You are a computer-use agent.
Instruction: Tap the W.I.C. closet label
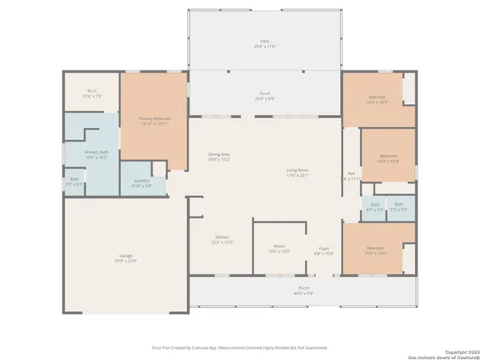pyautogui.click(x=92, y=93)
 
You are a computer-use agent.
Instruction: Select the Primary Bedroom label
pyautogui.click(x=154, y=121)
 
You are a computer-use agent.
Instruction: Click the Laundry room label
pyautogui.click(x=142, y=182)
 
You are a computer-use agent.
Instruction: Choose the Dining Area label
pyautogui.click(x=219, y=157)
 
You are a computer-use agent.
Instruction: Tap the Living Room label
pyautogui.click(x=298, y=170)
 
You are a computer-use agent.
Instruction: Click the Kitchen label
pyautogui.click(x=222, y=238)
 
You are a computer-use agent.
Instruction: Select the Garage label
pyautogui.click(x=126, y=258)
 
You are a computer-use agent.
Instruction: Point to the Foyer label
pyautogui.click(x=323, y=250)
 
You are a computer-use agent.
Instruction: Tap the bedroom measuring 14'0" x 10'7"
pyautogui.click(x=376, y=99)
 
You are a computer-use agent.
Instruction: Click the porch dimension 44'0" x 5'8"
pyautogui.click(x=304, y=293)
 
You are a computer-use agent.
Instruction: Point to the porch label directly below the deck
pyautogui.click(x=264, y=95)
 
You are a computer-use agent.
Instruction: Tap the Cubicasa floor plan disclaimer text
pyautogui.click(x=240, y=348)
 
